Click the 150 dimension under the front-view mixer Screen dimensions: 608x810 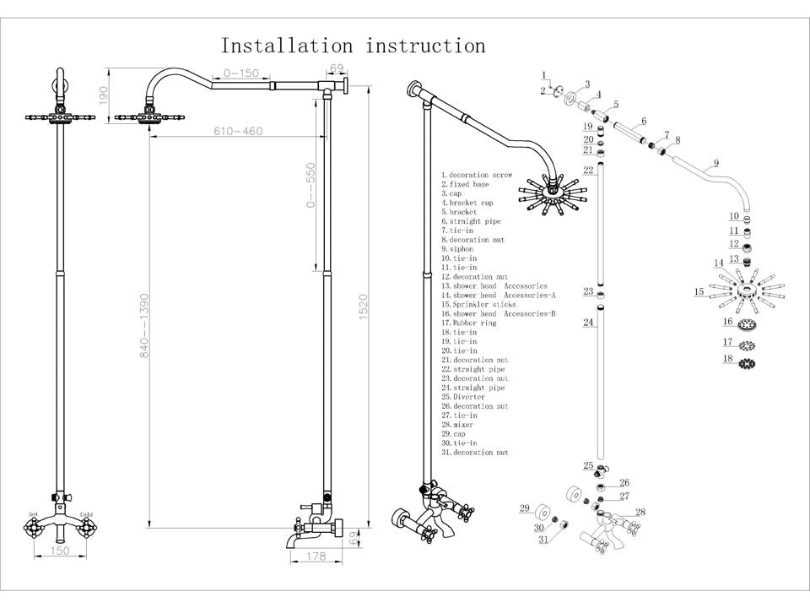[x=59, y=551]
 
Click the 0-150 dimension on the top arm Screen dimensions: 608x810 [x=240, y=73]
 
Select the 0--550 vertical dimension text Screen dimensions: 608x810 [x=310, y=186]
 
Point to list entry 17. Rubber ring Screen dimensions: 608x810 [x=469, y=323]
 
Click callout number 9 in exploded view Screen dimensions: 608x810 [x=715, y=163]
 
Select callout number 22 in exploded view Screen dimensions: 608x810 [x=588, y=170]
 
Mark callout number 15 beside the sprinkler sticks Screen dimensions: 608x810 [x=699, y=292]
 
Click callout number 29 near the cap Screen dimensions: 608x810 [x=524, y=508]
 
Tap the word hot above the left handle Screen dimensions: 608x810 [x=34, y=514]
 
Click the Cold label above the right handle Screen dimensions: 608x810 [x=86, y=514]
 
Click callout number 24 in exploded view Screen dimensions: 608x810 [x=588, y=323]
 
